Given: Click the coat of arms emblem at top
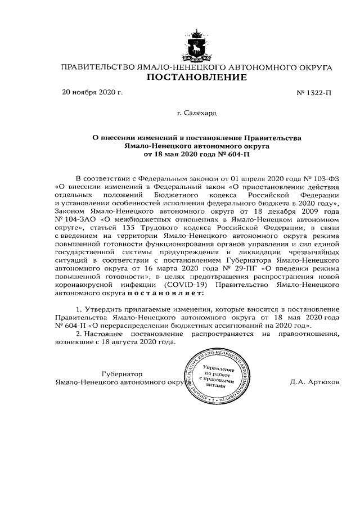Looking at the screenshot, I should point(196,46).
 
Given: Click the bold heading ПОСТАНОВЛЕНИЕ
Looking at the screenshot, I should point(196,77).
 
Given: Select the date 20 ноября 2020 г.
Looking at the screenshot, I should point(92,91).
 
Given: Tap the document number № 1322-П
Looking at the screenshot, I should point(313,92).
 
